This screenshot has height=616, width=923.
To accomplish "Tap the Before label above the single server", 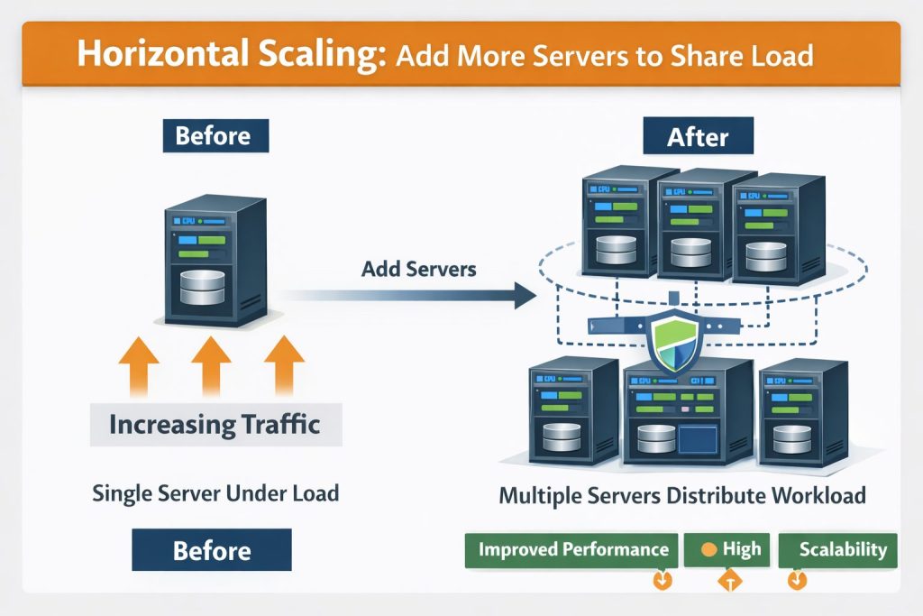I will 213,136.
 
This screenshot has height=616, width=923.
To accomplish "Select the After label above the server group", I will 697,138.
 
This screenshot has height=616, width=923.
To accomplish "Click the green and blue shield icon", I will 674,344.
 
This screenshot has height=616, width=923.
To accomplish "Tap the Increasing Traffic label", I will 215,424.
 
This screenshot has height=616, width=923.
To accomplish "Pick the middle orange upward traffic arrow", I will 211,365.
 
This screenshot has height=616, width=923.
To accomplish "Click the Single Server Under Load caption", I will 215,493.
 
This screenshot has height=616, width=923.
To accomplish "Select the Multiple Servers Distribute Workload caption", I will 682,495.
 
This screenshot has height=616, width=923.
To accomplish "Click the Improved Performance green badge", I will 573,549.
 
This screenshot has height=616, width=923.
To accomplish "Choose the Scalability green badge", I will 837,549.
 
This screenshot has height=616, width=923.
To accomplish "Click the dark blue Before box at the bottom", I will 213,550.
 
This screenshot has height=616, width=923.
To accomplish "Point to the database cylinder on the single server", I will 203,286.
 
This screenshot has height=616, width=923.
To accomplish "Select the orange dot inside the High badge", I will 709,549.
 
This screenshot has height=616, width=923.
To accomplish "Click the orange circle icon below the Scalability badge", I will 797,580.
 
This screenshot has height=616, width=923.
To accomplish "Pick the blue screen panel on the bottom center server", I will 703,442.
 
